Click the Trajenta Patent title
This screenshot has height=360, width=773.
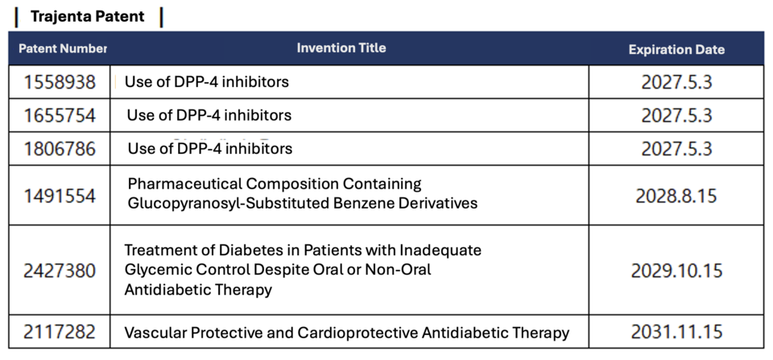click(x=87, y=16)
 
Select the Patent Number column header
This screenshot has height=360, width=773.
click(x=62, y=48)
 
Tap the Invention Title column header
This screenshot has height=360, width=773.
click(x=341, y=48)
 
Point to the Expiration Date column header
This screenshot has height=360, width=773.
click(x=676, y=49)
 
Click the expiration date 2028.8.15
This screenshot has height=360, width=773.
click(x=676, y=196)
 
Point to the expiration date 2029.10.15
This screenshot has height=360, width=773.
click(x=676, y=271)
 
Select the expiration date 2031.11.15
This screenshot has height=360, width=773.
click(x=676, y=332)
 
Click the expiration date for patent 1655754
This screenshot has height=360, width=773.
click(x=676, y=116)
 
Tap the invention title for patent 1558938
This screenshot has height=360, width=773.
click(x=206, y=82)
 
